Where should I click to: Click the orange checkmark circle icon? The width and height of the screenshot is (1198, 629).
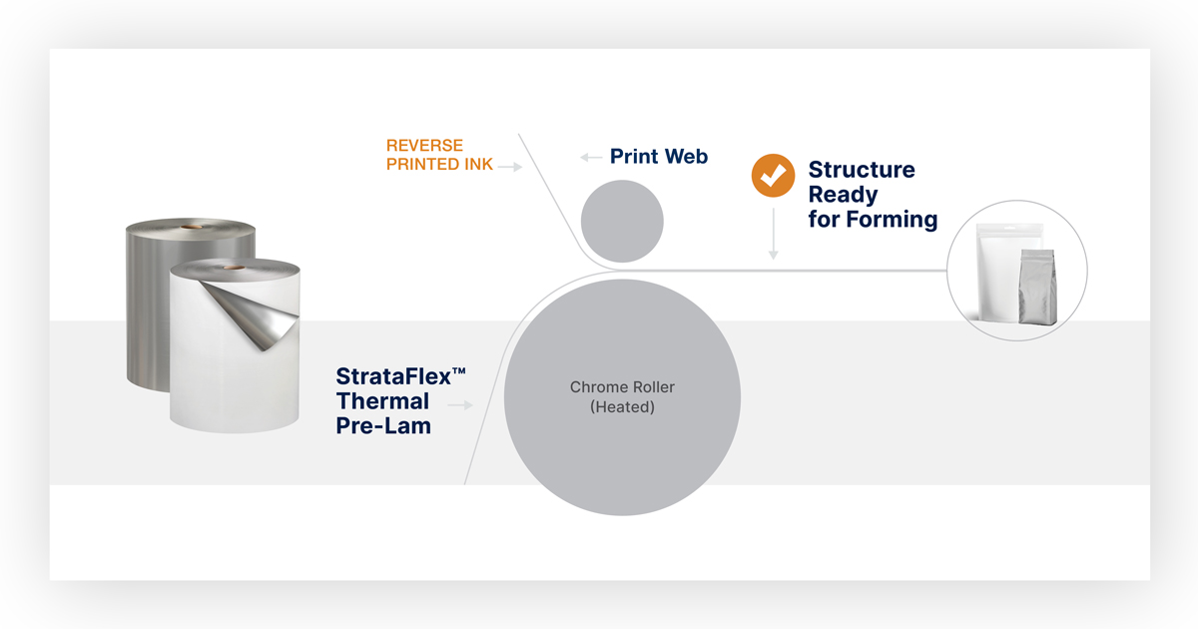pos(773,176)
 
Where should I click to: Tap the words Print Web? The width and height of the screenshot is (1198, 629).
pos(659,156)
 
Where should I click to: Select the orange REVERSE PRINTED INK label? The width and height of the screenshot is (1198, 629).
pos(439,155)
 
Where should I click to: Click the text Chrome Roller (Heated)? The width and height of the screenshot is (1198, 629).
pos(622,397)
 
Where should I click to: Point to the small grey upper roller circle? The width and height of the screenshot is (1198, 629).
pos(622,221)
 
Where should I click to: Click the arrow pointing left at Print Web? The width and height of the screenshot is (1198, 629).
pos(591,158)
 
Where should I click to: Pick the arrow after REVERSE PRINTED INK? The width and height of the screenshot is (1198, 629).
pos(510,167)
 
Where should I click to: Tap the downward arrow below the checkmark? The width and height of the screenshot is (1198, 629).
pos(773,234)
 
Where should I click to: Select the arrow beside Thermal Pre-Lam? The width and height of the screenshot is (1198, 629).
pos(460,405)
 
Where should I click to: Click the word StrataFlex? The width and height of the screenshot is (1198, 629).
pos(393,376)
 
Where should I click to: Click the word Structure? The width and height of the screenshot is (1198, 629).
pos(862,170)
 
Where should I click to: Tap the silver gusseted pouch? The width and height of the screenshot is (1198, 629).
pos(1037,288)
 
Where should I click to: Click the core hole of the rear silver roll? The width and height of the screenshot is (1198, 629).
pos(191,227)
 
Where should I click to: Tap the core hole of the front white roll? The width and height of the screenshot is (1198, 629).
pos(234,267)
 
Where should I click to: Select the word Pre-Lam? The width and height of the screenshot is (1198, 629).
pos(383,425)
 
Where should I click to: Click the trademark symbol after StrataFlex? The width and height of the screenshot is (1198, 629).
pos(459,370)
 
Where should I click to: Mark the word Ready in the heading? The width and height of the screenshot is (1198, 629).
pos(843,195)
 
